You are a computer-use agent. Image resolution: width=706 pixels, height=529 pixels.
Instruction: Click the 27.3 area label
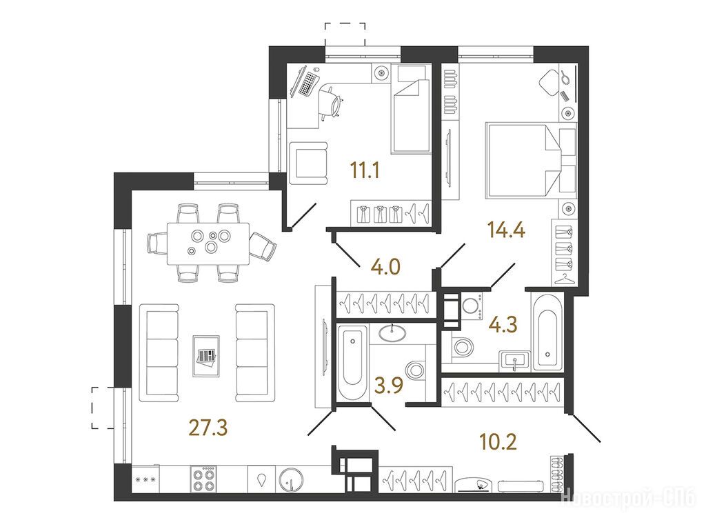(x=208, y=428)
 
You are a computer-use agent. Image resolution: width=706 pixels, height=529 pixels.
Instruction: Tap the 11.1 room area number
(x=365, y=171)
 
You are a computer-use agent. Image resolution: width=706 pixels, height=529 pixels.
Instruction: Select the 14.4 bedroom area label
(x=507, y=230)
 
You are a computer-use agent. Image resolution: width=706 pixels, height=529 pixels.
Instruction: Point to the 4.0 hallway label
(x=385, y=267)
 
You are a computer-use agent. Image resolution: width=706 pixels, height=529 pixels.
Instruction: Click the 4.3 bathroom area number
(x=503, y=324)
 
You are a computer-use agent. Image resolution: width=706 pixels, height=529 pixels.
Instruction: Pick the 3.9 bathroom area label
(x=389, y=386)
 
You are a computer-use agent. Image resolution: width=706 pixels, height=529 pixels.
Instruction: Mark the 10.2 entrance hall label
(x=498, y=442)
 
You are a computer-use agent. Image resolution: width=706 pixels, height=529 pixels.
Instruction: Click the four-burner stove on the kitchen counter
(x=203, y=479)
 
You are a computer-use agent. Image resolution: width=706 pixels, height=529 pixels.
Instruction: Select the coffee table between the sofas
(x=206, y=355)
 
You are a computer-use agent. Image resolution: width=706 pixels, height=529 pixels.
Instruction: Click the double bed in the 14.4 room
(x=530, y=161)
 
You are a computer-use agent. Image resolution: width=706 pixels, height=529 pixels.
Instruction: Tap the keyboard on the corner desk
(x=309, y=83)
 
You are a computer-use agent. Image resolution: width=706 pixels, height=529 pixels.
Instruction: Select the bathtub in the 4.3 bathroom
(x=547, y=332)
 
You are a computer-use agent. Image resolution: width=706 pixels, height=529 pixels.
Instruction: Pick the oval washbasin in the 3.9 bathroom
(x=392, y=333)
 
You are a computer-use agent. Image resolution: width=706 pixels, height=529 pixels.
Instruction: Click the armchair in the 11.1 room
(x=307, y=163)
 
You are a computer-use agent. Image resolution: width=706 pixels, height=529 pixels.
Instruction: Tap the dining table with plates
(x=208, y=243)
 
